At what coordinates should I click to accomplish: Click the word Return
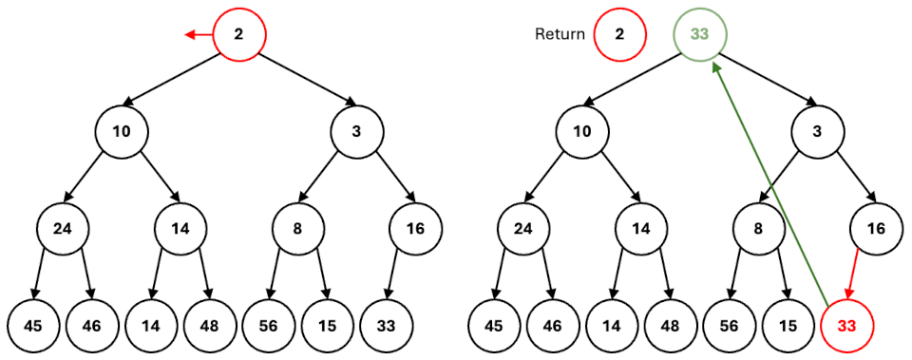pyautogui.click(x=560, y=34)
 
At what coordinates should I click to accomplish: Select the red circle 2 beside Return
pyautogui.click(x=619, y=34)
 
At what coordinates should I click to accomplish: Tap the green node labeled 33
pyautogui.click(x=700, y=34)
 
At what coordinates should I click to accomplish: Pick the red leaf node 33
pyautogui.click(x=845, y=325)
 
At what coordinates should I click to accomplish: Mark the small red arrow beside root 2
pyautogui.click(x=199, y=35)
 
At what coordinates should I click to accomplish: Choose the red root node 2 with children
pyautogui.click(x=238, y=35)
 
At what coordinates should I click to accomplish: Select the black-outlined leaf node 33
pyautogui.click(x=385, y=325)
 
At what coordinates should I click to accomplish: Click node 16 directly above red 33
pyautogui.click(x=876, y=228)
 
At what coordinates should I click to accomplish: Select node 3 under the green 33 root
pyautogui.click(x=817, y=132)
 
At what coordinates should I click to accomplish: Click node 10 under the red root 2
pyautogui.click(x=122, y=132)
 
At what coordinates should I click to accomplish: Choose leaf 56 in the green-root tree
pyautogui.click(x=730, y=325)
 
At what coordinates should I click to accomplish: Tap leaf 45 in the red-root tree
pyautogui.click(x=33, y=325)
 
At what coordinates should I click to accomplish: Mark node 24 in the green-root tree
pyautogui.click(x=523, y=228)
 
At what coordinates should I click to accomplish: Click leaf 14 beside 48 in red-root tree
pyautogui.click(x=150, y=325)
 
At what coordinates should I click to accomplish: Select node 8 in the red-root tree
pyautogui.click(x=297, y=228)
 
